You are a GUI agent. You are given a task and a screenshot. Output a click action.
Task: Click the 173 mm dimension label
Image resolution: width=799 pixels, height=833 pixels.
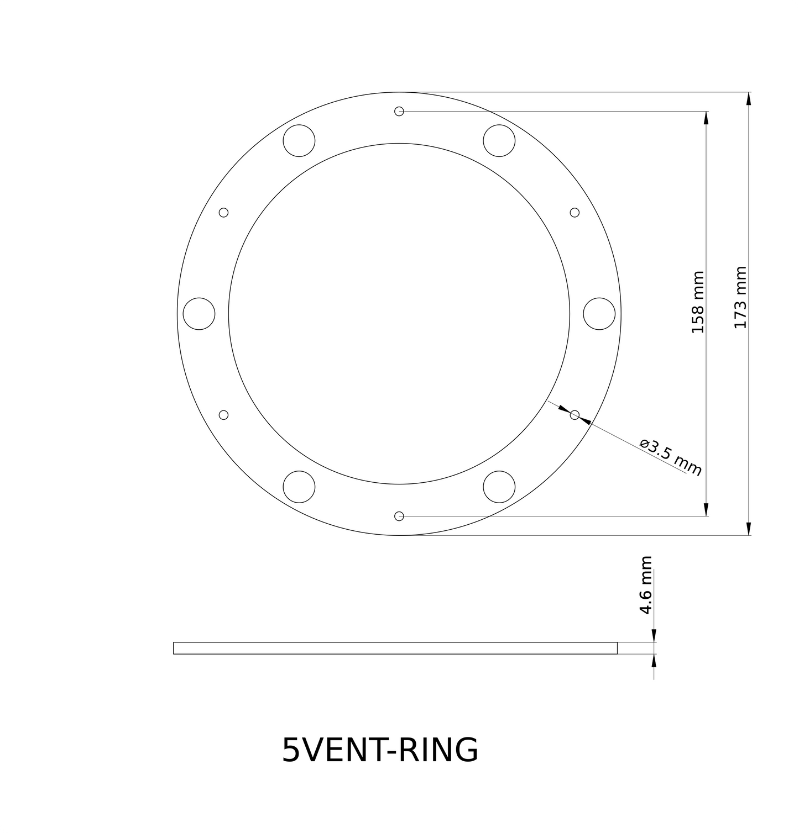click(740, 297)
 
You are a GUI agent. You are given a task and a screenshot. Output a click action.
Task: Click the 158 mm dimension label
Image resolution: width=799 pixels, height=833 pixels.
click(698, 302)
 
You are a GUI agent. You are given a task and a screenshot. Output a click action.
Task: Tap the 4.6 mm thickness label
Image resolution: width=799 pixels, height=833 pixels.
click(645, 585)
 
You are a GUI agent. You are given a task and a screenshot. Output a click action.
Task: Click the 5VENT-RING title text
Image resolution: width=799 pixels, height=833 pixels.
click(380, 750)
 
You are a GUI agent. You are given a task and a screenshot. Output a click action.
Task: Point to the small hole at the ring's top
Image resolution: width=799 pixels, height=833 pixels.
click(399, 111)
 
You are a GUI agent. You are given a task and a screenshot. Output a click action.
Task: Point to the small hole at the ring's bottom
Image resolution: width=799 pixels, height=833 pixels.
click(399, 516)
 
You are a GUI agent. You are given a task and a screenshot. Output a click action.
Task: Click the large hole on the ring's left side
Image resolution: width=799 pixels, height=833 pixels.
click(199, 314)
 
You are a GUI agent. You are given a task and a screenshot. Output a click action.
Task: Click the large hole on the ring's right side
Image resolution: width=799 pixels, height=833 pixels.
click(599, 314)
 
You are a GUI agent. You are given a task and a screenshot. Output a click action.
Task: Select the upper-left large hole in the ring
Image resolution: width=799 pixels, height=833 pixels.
click(299, 140)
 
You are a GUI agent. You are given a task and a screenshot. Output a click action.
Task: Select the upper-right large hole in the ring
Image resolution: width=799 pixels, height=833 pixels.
click(499, 140)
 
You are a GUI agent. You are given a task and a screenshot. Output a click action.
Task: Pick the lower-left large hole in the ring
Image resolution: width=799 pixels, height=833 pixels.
click(299, 487)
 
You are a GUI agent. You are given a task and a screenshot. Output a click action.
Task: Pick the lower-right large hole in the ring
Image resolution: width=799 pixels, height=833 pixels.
click(499, 487)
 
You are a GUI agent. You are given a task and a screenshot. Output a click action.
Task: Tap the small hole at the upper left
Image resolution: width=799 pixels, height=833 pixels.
click(224, 213)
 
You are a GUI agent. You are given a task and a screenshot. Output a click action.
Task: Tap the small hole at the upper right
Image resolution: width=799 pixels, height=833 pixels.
click(575, 213)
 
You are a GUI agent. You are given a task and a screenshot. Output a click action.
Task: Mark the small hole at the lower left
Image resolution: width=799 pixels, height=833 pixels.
click(224, 415)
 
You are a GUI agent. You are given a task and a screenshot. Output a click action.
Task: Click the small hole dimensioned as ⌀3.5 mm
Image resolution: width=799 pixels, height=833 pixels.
click(575, 415)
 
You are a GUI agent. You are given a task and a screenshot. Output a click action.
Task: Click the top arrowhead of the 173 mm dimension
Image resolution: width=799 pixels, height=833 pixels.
click(749, 98)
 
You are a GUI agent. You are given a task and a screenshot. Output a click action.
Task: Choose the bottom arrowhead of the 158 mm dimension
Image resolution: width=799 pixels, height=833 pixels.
click(706, 509)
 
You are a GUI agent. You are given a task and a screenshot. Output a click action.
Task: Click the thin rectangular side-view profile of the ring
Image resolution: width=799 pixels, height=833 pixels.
click(395, 648)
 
